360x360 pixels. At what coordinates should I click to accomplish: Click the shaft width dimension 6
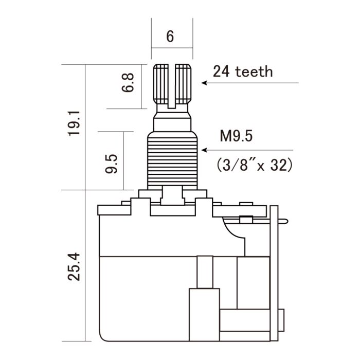pos(171,37)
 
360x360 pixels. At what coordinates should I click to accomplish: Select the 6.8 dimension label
pos(128,82)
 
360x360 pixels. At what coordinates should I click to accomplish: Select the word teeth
pos(254,71)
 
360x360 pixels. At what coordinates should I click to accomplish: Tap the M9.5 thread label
pos(237,136)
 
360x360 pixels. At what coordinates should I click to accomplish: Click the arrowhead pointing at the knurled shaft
pos(204,83)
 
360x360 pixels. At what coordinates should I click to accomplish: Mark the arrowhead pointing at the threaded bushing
pos(204,150)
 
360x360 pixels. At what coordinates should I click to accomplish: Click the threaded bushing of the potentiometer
pos(172,159)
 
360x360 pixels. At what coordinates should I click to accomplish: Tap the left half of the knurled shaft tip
pos(163,82)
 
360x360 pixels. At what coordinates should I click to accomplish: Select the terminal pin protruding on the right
pos(284,222)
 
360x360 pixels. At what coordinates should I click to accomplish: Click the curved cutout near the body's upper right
pos(234,229)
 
